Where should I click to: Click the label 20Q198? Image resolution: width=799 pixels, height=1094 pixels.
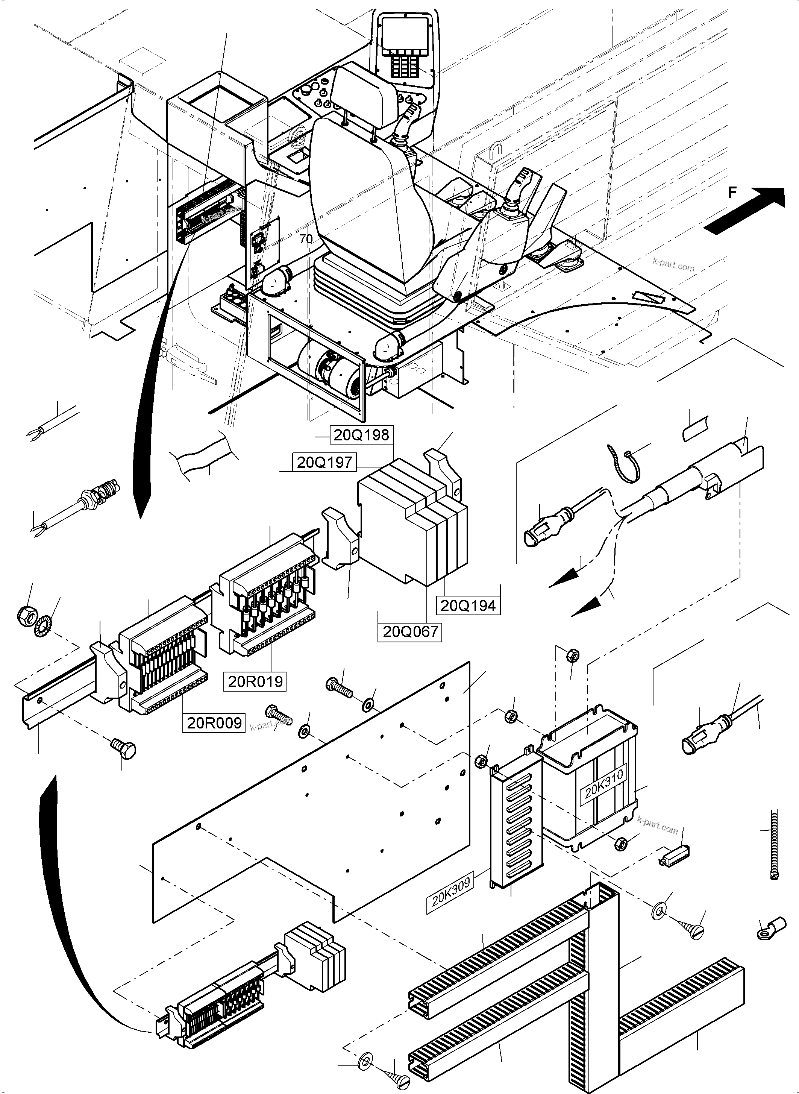[x=361, y=435]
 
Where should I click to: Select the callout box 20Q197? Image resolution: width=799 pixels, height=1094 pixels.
[x=324, y=462]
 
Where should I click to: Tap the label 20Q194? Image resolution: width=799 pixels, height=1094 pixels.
[x=468, y=605]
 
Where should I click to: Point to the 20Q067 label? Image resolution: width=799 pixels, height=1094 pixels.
[x=410, y=632]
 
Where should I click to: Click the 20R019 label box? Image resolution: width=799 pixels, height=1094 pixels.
[x=255, y=681]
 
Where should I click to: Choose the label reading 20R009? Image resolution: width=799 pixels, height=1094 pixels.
[x=214, y=722]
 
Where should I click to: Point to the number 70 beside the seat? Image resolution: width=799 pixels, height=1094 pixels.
[x=306, y=239]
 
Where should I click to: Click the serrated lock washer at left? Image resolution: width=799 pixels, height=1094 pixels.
[x=44, y=626]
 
